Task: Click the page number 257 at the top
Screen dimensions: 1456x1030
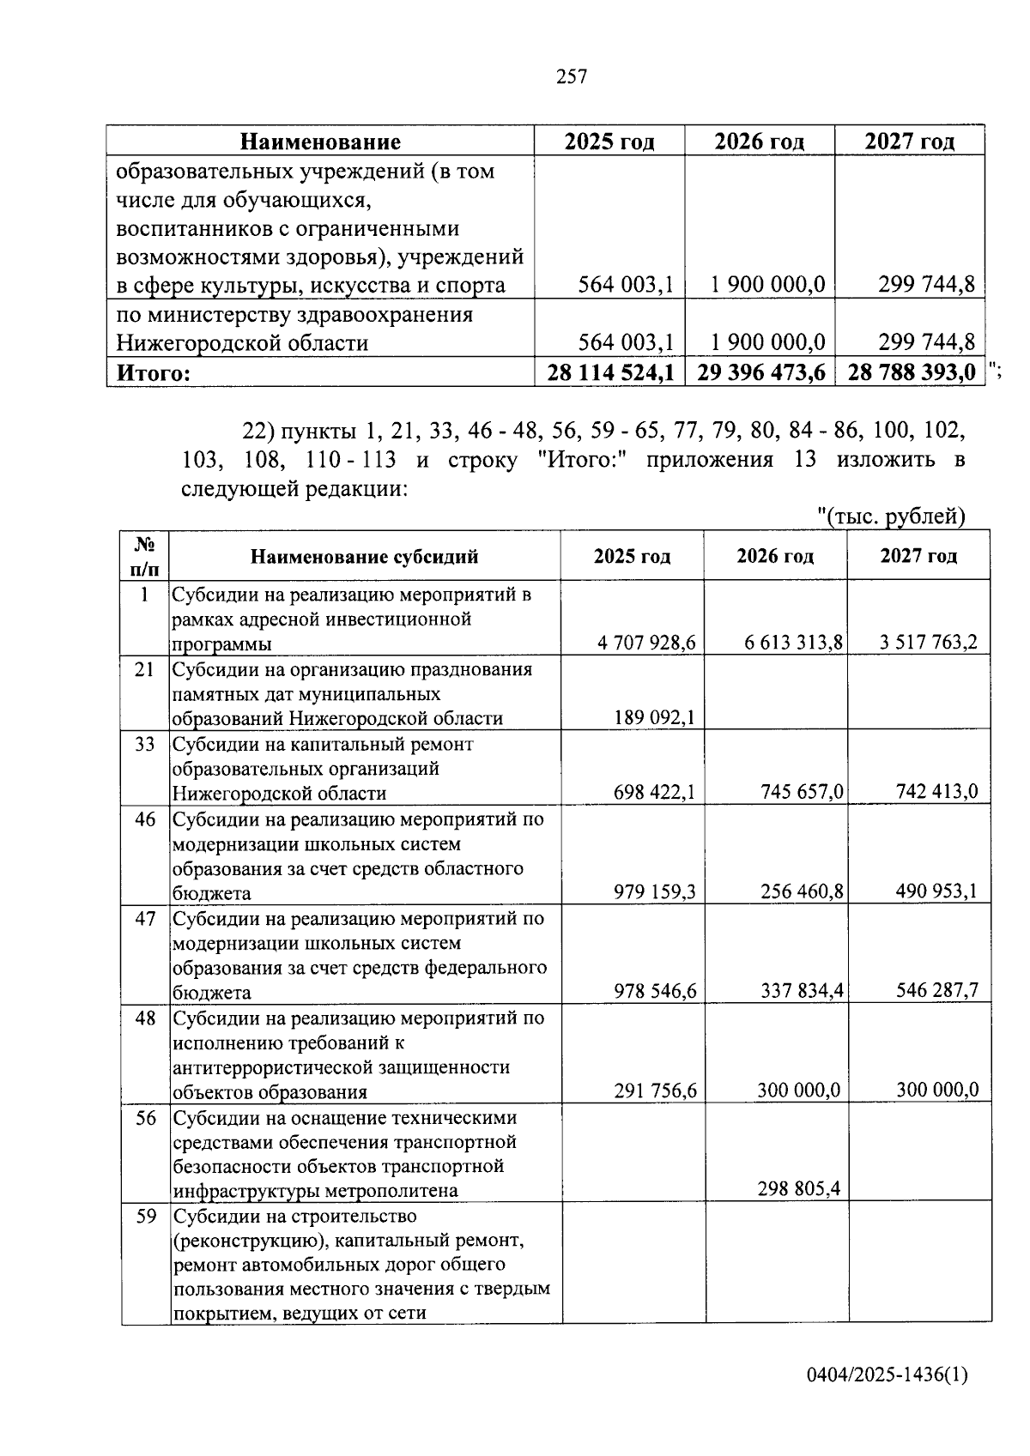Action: point(572,77)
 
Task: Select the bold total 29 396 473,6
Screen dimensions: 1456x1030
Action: point(760,372)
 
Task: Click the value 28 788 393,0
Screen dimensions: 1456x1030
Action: point(912,372)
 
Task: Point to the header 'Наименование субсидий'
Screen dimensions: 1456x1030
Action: point(364,557)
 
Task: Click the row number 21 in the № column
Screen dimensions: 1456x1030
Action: point(144,669)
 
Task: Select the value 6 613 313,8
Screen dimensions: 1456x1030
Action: point(794,643)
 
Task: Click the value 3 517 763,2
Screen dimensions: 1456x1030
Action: point(928,643)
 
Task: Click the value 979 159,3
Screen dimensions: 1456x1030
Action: point(655,891)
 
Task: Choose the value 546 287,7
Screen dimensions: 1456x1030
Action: point(936,991)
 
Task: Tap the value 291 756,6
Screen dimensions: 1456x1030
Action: point(655,1090)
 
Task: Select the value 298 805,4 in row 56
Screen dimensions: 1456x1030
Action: point(798,1189)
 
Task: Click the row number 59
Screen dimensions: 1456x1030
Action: point(145,1217)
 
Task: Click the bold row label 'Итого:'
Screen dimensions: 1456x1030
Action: point(153,373)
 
